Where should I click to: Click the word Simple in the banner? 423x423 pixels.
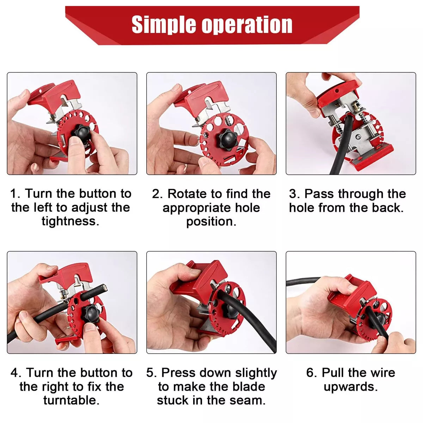point(164,25)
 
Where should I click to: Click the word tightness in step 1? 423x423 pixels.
point(70,221)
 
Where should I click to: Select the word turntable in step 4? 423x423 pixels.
point(71,400)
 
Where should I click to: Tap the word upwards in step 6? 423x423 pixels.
point(350,387)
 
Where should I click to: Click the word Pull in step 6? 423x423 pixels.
point(333,373)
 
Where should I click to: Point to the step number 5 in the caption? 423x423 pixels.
point(151,373)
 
